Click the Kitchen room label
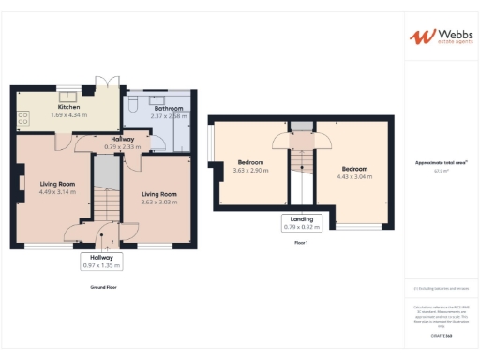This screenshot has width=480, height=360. coord(69,107)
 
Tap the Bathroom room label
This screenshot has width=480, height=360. coord(142,108)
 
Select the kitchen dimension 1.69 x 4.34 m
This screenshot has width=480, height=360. coord(69,114)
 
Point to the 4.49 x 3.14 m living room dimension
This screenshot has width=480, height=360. coord(56,192)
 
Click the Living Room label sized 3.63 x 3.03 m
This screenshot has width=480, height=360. coord(159,194)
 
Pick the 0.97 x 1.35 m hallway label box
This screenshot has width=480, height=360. coord(101,261)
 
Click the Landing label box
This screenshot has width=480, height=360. coord(301,222)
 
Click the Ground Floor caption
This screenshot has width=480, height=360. coord(103,286)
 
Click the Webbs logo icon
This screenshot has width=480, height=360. coord(419,37)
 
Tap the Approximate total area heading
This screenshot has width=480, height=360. coord(441,163)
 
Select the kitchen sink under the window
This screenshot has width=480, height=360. coord(69,94)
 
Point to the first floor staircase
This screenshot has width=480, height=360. coord(301,169)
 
